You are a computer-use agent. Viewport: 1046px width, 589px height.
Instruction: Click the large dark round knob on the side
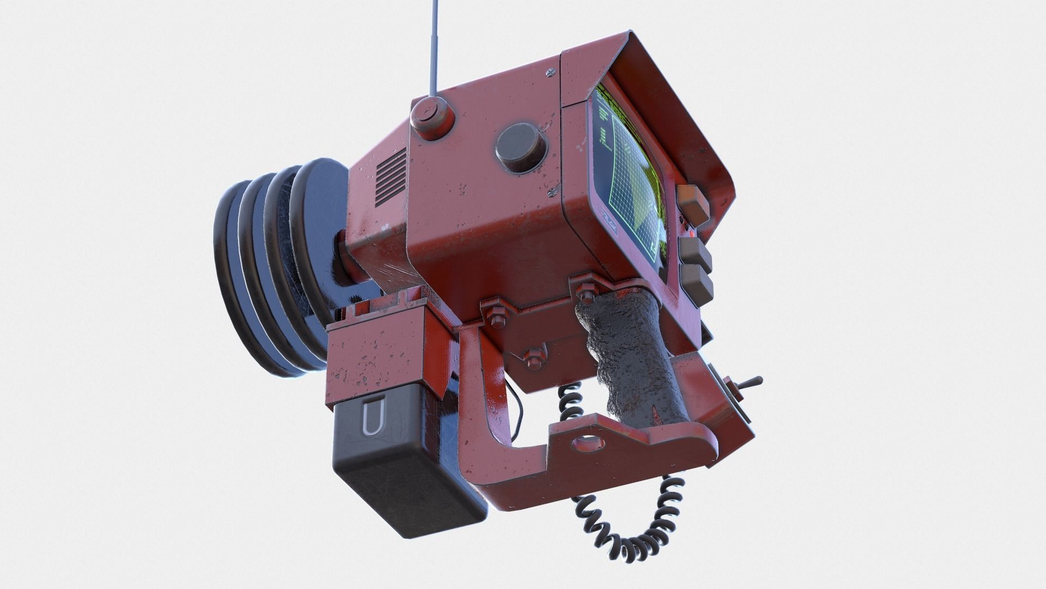point(520,147)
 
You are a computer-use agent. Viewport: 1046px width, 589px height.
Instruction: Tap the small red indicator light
point(692,234)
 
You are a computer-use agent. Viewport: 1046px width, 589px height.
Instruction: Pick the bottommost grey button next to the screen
point(699,283)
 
